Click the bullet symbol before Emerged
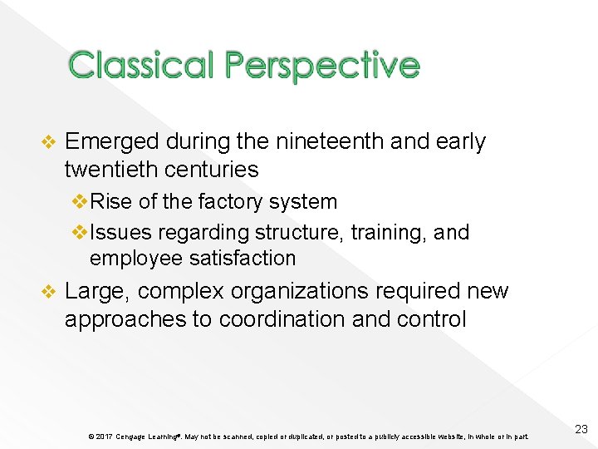tap(48, 143)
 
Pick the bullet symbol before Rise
tap(81, 202)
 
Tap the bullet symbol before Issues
tap(81, 232)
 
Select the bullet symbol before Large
tap(48, 292)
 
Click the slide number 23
tap(581, 429)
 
